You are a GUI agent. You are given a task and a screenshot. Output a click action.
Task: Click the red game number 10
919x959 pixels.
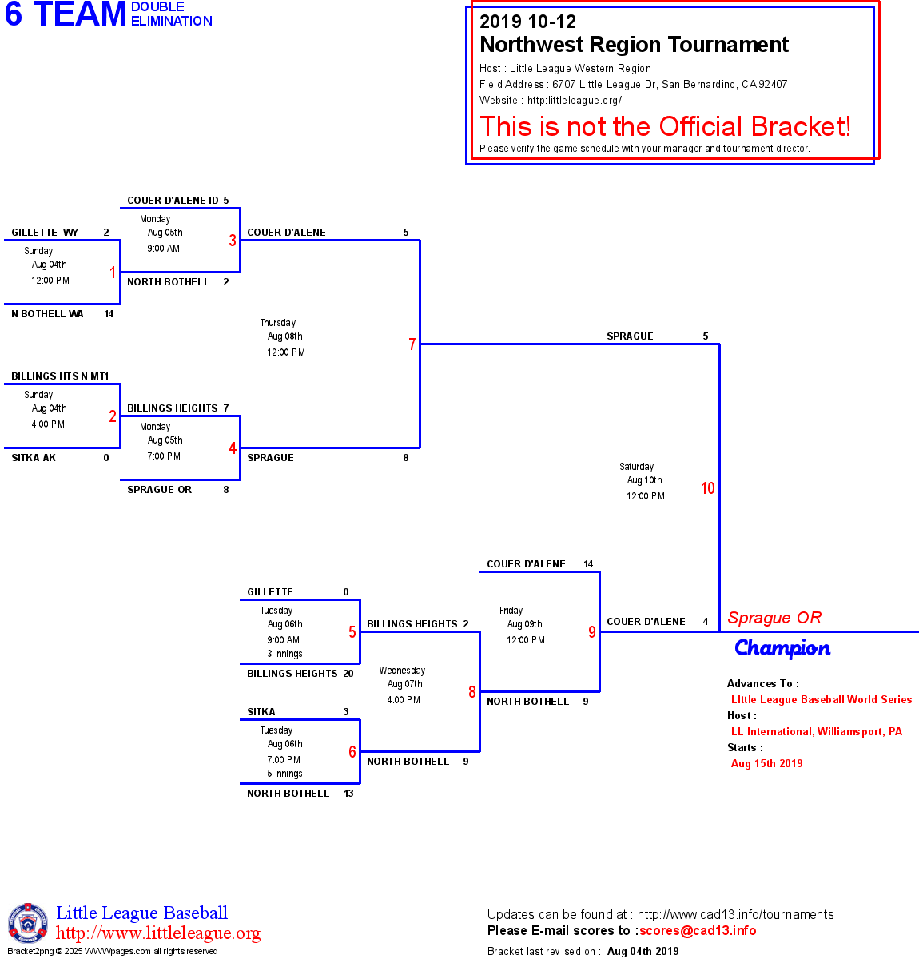pos(707,488)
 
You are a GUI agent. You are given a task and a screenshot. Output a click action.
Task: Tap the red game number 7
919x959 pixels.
pos(412,344)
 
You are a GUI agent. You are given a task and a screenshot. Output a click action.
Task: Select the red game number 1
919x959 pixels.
pos(113,273)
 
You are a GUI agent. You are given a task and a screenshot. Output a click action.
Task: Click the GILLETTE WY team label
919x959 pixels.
pos(45,233)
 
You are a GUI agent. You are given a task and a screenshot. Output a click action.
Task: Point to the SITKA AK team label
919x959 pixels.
pos(34,458)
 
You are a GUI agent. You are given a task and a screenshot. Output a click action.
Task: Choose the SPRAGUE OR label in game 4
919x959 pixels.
pos(159,490)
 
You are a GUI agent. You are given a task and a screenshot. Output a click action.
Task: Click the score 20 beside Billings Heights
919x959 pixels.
pos(348,674)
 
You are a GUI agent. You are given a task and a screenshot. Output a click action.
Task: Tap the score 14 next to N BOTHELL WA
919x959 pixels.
pos(109,314)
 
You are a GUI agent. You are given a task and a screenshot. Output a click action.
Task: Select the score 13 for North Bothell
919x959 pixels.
pos(348,794)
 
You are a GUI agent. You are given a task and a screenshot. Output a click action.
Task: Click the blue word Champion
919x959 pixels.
pos(782,648)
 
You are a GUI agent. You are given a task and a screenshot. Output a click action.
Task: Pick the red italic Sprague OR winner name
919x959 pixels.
pos(774,618)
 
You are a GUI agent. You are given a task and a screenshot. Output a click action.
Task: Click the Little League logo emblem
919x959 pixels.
pos(28,924)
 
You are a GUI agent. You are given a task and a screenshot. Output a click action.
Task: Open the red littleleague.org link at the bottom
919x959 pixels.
pos(158,933)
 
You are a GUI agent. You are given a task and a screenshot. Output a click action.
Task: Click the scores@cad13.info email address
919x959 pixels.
pos(698,930)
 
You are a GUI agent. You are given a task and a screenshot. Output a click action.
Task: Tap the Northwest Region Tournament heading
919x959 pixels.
pos(634,45)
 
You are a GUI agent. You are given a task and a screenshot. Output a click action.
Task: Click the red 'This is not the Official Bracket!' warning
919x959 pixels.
pos(665,126)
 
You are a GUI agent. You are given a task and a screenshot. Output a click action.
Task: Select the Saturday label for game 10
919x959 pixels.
pos(636,467)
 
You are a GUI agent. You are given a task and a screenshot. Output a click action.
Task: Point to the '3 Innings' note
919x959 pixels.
pos(284,654)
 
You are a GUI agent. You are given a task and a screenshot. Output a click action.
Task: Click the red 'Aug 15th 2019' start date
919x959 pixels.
pos(766,763)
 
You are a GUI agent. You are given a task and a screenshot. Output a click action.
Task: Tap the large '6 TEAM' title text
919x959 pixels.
pos(66,14)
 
